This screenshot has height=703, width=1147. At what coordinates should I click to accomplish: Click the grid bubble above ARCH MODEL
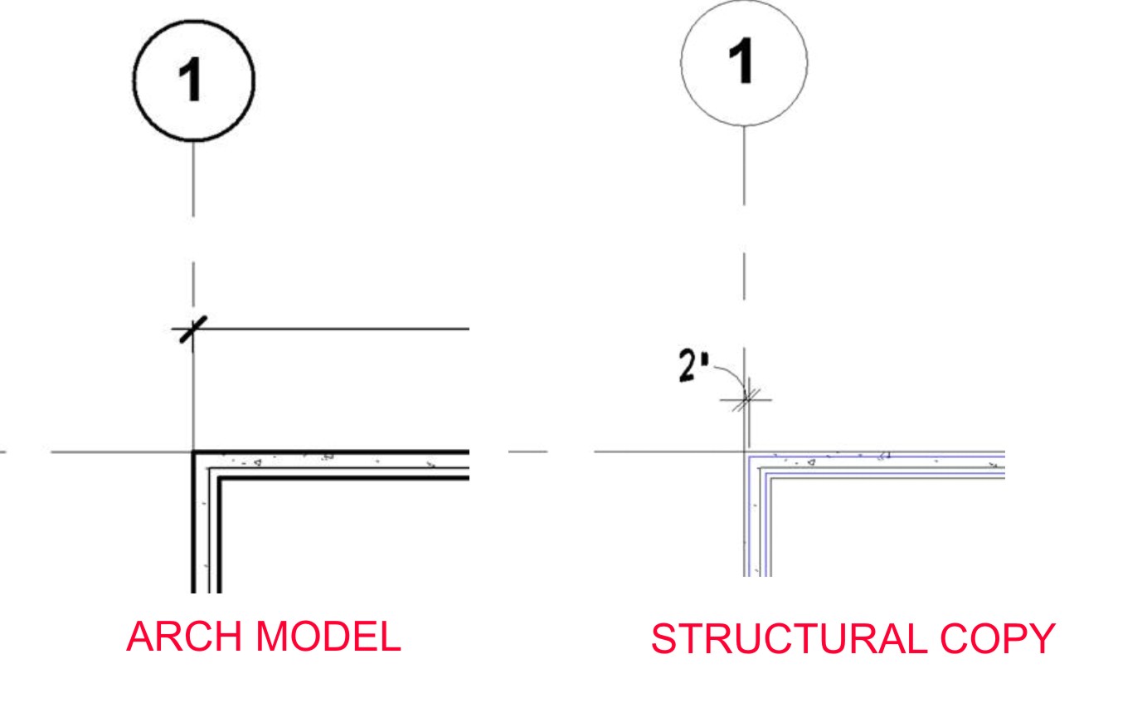[x=193, y=81]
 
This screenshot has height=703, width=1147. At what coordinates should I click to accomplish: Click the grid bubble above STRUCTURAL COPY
[x=744, y=61]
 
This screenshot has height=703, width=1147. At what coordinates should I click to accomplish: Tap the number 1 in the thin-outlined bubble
[x=742, y=61]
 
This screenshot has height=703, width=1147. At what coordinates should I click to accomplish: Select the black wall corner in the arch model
[x=199, y=457]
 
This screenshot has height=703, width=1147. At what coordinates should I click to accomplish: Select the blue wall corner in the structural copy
[x=751, y=458]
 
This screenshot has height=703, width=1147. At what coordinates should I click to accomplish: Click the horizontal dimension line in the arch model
[x=332, y=329]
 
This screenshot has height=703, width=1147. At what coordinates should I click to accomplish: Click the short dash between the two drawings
[x=527, y=452]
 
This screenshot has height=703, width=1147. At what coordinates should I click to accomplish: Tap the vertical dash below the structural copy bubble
[x=744, y=276]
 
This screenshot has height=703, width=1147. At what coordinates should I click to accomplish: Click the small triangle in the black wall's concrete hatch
[x=256, y=462]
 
